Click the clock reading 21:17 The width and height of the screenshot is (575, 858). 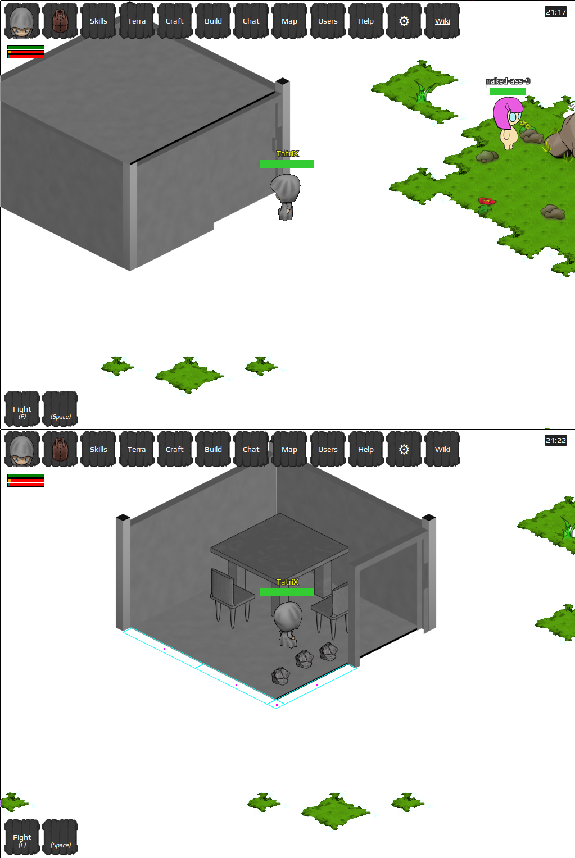coord(556,12)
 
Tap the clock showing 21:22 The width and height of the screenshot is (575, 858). coord(556,440)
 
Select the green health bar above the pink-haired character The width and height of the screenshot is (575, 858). coord(508,92)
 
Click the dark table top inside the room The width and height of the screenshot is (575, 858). coord(279,541)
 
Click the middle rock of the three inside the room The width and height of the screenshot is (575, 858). coord(305,659)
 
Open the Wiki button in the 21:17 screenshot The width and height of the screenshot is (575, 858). coord(442,21)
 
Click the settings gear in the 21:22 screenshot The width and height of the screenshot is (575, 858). coord(404,449)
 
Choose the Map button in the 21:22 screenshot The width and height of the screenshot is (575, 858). coord(289,449)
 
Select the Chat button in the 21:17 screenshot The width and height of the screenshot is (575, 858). coord(251,21)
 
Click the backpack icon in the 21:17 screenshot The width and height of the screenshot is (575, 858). coord(60,21)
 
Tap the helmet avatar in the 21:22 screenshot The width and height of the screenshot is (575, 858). coord(22,449)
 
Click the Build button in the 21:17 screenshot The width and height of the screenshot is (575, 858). coord(213,21)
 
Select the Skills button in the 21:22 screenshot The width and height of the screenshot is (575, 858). coord(98,449)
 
